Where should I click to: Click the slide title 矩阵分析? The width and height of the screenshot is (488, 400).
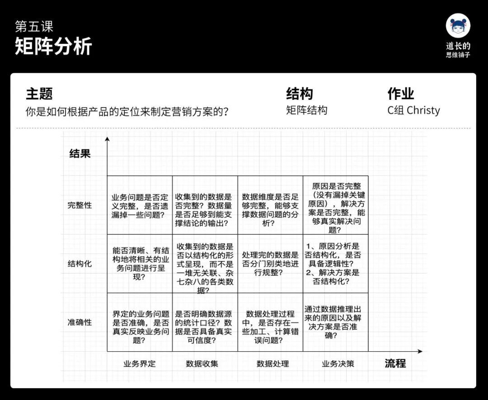pos(53,46)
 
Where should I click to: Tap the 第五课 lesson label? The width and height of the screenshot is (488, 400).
pos(35,26)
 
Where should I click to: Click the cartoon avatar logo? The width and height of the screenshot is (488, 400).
pos(458,26)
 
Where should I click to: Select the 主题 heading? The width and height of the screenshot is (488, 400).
pos(39,94)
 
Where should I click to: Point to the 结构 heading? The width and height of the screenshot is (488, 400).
pos(300,94)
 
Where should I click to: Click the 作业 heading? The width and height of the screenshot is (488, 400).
pos(401,94)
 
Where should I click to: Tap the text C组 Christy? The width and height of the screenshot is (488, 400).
pos(413,110)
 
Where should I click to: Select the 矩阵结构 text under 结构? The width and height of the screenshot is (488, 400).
pos(306,110)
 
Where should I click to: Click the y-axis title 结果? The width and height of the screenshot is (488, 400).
pos(80,154)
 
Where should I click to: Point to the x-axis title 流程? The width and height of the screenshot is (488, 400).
pos(395,363)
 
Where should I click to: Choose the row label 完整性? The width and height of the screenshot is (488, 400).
pos(80,205)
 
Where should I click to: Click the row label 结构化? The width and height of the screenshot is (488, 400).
pos(80,264)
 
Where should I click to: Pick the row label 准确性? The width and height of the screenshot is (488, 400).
pos(80,322)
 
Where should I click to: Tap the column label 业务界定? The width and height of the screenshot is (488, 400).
pos(140,363)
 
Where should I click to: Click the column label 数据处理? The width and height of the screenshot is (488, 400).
pos(272,363)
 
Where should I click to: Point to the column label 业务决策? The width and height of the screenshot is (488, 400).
pos(338,363)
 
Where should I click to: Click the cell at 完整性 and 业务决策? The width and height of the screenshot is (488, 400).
pos(336,205)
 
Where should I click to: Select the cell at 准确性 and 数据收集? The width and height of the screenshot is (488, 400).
pos(205,322)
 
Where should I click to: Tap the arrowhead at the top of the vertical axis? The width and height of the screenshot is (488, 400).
pos(107,139)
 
